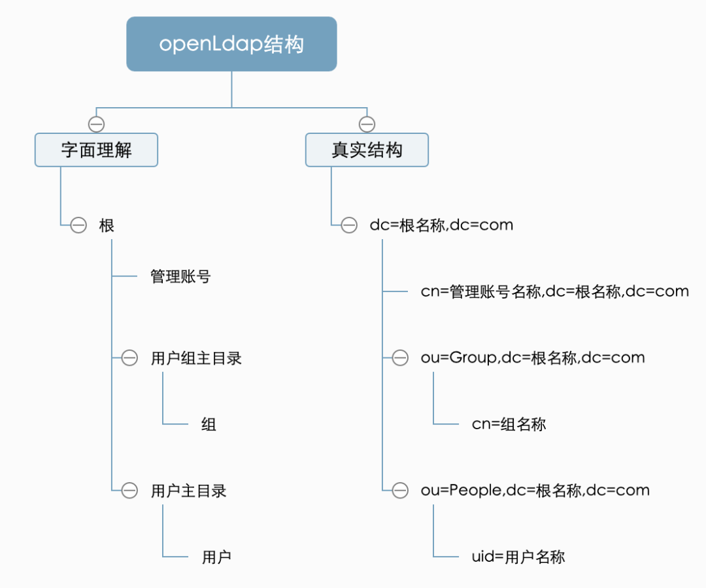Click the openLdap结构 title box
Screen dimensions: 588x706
point(231,44)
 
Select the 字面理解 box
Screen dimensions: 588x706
point(96,150)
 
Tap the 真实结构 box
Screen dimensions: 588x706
point(367,150)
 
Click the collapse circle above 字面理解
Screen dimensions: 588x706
point(96,123)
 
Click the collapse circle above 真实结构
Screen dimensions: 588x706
point(367,123)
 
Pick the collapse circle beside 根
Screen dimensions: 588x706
point(78,225)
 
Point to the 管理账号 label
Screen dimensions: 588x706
point(180,277)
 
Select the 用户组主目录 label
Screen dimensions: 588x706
point(196,358)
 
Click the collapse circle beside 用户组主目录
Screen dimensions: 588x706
point(129,358)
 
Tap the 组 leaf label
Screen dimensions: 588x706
point(209,425)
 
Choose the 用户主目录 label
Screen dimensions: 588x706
point(188,491)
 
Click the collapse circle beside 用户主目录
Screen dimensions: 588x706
point(129,491)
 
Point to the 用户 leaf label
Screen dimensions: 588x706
point(216,557)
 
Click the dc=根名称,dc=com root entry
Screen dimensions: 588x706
point(441,225)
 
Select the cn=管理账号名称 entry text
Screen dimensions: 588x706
point(554,291)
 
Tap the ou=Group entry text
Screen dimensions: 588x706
point(532,358)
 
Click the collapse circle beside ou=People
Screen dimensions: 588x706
point(400,490)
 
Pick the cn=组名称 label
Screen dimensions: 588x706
point(509,425)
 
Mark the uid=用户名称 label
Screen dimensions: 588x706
point(518,557)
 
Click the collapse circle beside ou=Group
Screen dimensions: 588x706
point(400,358)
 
